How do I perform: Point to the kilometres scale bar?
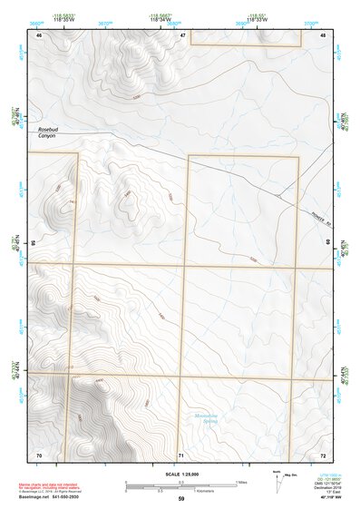180,488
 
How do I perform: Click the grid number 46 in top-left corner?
39,35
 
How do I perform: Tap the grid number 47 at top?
182,35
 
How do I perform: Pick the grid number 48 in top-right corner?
323,35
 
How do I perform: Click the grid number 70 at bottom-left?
39,454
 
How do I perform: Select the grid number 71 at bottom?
181,454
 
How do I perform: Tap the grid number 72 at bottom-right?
323,454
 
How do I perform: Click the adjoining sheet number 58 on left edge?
34,244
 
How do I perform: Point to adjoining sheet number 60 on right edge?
328,244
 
